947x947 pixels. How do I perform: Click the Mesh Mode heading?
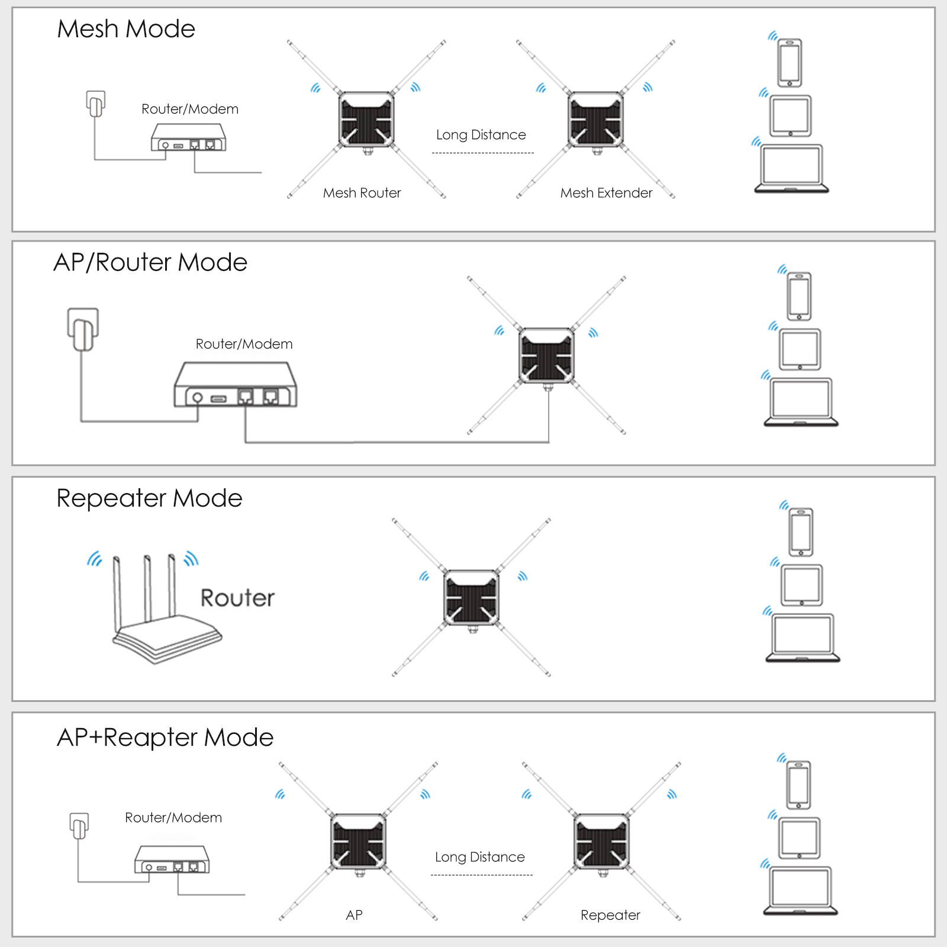click(x=125, y=29)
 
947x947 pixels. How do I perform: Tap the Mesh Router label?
click(x=362, y=193)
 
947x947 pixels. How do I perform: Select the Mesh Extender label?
click(x=606, y=193)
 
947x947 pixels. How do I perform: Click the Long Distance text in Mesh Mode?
click(x=481, y=135)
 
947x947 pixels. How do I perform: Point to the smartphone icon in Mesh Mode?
click(x=790, y=63)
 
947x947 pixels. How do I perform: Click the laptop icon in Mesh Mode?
click(x=791, y=169)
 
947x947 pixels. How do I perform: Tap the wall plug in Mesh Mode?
click(x=96, y=104)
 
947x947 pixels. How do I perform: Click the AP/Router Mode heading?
click(x=150, y=262)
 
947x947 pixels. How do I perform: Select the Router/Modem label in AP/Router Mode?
click(x=244, y=344)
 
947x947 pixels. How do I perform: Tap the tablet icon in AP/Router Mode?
click(x=800, y=349)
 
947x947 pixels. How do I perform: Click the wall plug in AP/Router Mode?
click(x=83, y=329)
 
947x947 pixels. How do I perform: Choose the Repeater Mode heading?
click(x=149, y=498)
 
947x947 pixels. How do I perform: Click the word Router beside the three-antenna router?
click(x=237, y=598)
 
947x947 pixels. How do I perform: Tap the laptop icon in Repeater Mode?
click(x=803, y=638)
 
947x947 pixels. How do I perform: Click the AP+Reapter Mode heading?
click(x=165, y=737)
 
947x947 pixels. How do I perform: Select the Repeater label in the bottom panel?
click(x=610, y=915)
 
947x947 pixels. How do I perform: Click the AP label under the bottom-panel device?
click(x=354, y=915)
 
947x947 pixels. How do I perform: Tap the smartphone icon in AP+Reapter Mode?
click(x=798, y=785)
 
